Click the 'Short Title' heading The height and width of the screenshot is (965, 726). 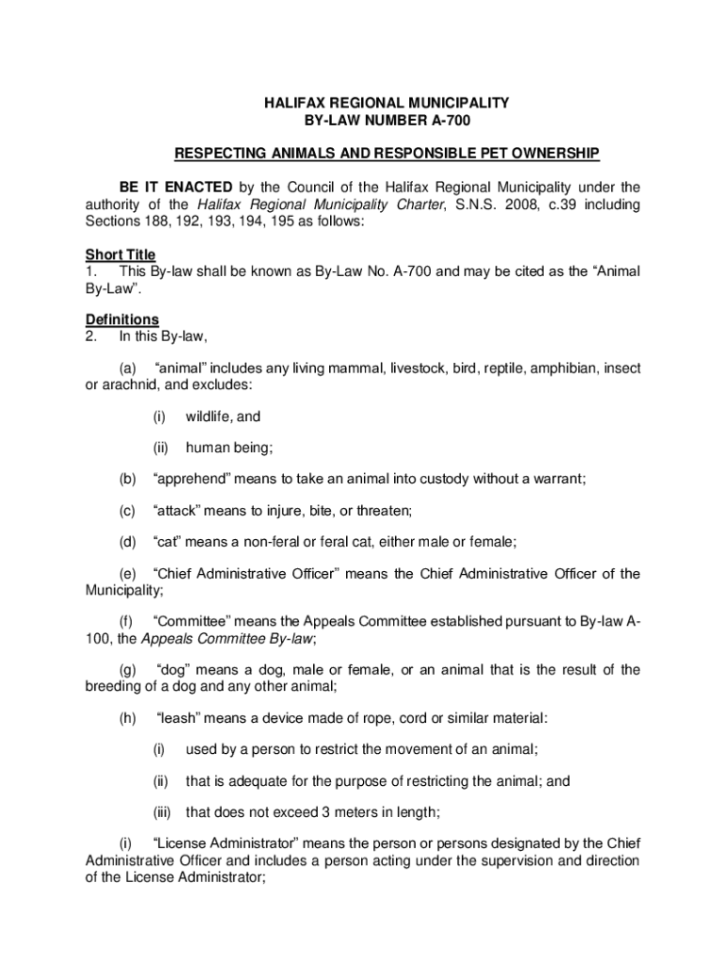pyautogui.click(x=121, y=254)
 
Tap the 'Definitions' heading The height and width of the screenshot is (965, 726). pyautogui.click(x=123, y=319)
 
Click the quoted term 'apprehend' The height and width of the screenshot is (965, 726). pyautogui.click(x=191, y=480)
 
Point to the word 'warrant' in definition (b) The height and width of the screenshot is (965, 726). pyautogui.click(x=555, y=480)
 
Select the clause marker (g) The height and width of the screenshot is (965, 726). pyautogui.click(x=127, y=670)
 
